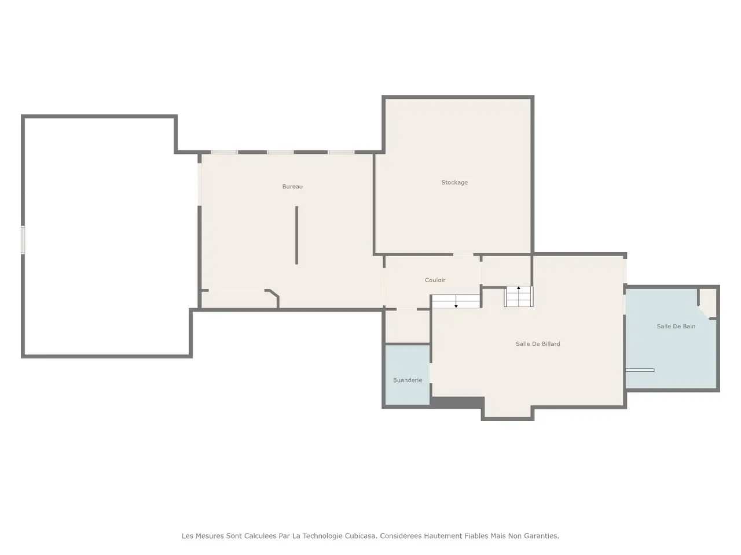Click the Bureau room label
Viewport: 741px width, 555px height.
[x=292, y=186]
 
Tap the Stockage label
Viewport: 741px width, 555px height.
[x=454, y=182]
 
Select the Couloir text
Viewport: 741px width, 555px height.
[x=435, y=280]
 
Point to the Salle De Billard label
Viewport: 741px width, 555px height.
[x=538, y=344]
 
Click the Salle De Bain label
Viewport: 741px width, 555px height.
[x=676, y=326]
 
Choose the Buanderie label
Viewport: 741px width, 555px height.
[x=408, y=380]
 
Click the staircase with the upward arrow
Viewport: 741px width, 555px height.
[x=519, y=297]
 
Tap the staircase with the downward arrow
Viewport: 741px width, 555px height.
[x=456, y=301]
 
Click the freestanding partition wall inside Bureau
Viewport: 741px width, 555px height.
[x=296, y=235]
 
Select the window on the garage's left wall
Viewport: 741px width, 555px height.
[x=23, y=240]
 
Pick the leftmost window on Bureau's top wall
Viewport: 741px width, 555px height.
[x=224, y=152]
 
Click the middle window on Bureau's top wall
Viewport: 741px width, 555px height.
[x=280, y=152]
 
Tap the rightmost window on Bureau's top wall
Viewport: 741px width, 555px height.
[x=341, y=152]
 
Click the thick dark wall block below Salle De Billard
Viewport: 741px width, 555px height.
[x=457, y=402]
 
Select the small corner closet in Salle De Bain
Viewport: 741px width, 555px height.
[x=707, y=302]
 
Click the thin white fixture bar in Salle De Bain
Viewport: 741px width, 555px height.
[x=640, y=370]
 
